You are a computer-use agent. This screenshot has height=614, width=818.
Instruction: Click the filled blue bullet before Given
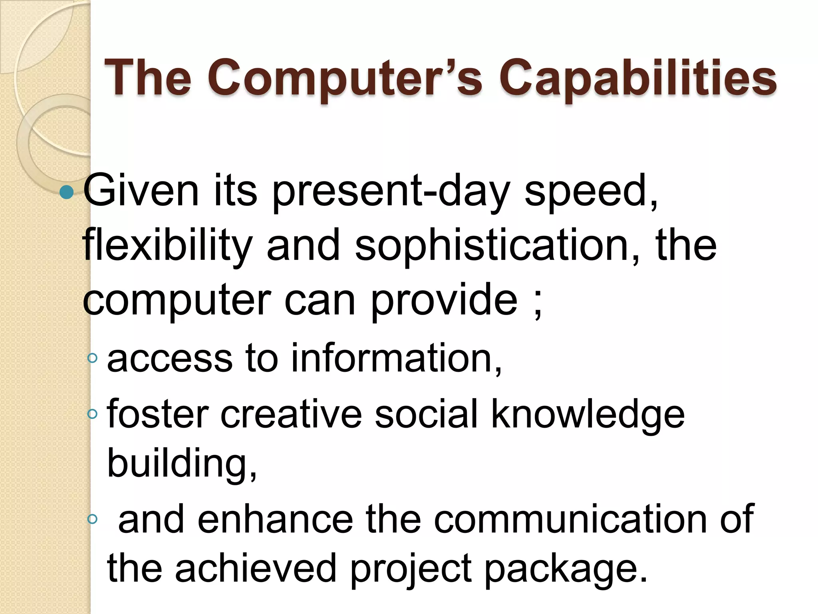point(66,192)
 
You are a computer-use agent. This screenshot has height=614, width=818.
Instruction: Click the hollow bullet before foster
point(92,414)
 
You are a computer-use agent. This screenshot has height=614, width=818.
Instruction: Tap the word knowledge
point(587,414)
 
